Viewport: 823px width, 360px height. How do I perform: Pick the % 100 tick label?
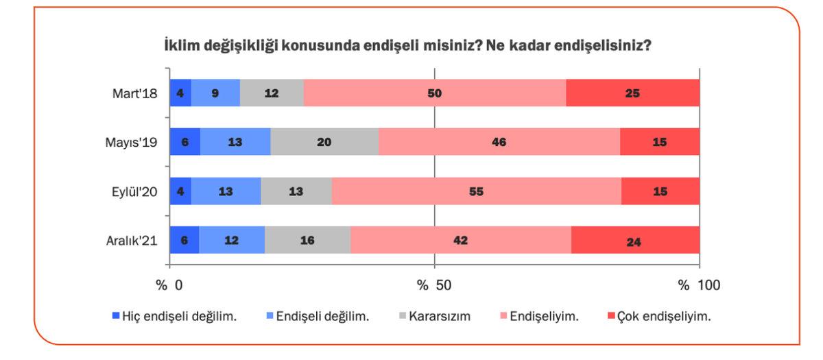pos(699,285)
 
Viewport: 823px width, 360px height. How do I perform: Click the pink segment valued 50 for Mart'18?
pos(435,93)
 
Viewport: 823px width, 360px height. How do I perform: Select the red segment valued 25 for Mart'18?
pos(632,93)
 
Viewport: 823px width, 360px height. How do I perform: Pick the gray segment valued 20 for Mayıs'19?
pos(324,143)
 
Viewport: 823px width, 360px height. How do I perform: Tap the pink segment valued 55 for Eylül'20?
pos(477,192)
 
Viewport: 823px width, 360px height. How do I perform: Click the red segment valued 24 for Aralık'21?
pos(635,241)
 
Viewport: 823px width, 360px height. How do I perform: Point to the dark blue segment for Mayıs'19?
pos(185,143)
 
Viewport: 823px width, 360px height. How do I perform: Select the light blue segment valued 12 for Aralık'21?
pos(232,241)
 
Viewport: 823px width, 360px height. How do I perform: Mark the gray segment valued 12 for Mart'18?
pos(272,93)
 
